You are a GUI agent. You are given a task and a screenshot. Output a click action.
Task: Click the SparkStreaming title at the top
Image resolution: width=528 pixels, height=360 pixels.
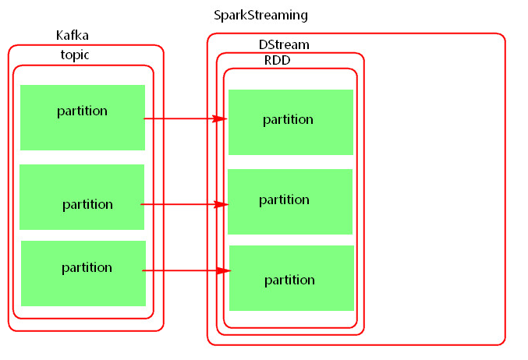tap(260, 16)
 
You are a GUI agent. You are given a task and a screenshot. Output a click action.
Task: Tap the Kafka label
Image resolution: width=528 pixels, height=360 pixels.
tap(72, 36)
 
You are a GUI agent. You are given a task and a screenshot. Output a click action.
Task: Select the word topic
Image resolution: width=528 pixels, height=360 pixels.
tap(75, 55)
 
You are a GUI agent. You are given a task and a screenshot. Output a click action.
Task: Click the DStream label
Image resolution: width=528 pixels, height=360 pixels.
tap(284, 44)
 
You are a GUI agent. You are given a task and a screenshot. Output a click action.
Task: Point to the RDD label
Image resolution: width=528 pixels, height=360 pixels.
tap(277, 60)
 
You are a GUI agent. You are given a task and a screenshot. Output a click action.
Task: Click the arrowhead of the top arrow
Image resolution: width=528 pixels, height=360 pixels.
tap(221, 119)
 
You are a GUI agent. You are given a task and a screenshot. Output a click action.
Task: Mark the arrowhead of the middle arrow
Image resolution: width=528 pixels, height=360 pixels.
tap(221, 204)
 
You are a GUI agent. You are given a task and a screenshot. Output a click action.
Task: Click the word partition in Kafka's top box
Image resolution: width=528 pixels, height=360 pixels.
tap(82, 111)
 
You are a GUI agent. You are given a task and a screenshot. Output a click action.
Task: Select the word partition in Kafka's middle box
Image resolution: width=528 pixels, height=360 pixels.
tap(87, 204)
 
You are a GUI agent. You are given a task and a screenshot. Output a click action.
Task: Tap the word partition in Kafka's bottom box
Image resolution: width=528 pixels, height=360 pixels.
tap(87, 267)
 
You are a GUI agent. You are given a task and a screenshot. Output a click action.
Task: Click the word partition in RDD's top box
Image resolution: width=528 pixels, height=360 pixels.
tap(288, 119)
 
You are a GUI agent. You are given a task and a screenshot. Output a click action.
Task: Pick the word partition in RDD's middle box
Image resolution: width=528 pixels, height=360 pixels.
tap(284, 199)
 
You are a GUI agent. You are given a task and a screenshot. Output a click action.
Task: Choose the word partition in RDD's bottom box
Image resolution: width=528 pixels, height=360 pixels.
tap(289, 280)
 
